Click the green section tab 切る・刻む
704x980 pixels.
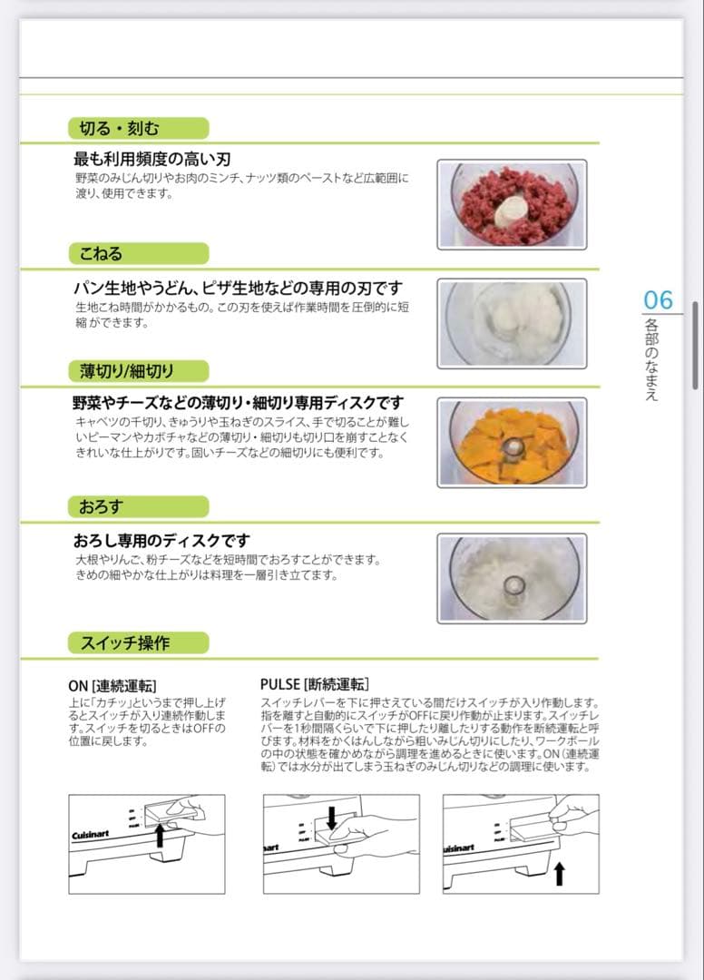tap(138, 128)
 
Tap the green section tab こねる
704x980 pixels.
tap(138, 253)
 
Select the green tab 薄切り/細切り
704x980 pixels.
tap(138, 370)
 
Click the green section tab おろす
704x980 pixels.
tap(138, 506)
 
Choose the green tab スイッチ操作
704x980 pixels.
tap(138, 643)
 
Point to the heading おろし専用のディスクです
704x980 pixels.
tap(161, 541)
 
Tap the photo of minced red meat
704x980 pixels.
tap(512, 204)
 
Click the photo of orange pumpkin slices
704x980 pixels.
tap(512, 442)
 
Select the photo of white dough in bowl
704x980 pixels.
tap(512, 323)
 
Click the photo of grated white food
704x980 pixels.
tap(512, 578)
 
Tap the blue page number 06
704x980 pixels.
tap(659, 299)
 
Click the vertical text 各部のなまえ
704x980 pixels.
tap(651, 359)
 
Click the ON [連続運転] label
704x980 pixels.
tap(118, 685)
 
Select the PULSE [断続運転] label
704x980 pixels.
tap(314, 684)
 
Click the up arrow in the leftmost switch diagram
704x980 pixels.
tap(160, 836)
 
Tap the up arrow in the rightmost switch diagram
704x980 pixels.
tap(559, 874)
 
